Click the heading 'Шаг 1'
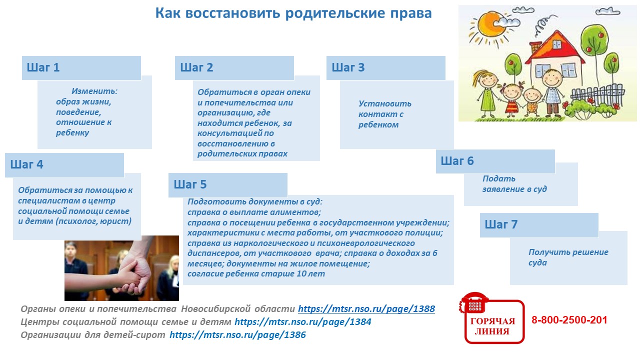click(43, 67)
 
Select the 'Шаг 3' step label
click(348, 67)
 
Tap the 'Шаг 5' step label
click(190, 184)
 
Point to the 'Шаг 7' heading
click(501, 224)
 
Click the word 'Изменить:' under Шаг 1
click(94, 91)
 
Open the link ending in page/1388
click(366, 309)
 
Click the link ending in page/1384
click(303, 322)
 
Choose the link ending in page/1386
click(237, 335)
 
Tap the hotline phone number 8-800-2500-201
click(569, 320)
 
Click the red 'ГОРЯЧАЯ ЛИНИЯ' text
click(492, 326)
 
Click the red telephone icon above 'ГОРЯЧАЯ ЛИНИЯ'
click(474, 303)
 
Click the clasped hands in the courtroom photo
click(134, 275)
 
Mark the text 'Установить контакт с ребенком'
click(385, 114)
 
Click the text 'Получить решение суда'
click(568, 257)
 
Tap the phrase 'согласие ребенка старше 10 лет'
click(256, 273)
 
